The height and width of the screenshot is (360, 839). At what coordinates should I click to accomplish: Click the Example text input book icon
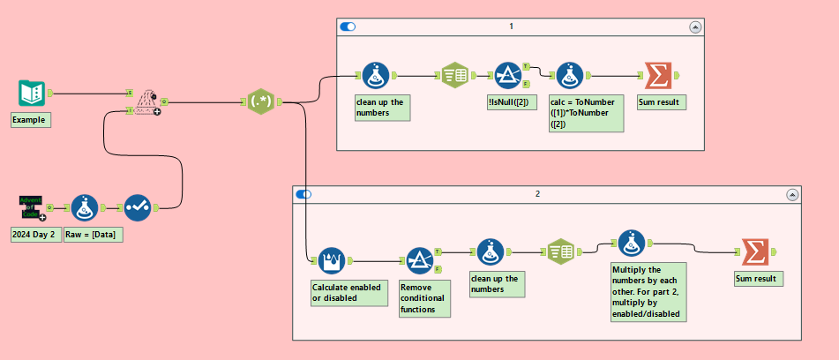(x=32, y=92)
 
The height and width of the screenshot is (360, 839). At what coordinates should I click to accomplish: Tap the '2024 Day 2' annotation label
(x=34, y=235)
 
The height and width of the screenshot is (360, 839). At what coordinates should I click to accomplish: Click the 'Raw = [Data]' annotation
(x=94, y=235)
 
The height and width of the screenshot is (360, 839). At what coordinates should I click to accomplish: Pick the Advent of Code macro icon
(x=31, y=207)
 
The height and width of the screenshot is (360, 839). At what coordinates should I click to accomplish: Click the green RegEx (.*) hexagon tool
(x=260, y=103)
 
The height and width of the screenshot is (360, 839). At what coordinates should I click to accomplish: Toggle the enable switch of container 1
(x=348, y=27)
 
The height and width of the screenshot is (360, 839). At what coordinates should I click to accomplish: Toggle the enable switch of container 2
(x=303, y=194)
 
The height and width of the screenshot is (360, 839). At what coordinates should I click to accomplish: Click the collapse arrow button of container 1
(x=695, y=27)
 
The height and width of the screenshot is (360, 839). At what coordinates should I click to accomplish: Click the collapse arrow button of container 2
(x=793, y=194)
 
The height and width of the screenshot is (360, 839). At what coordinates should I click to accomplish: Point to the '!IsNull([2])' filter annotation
(x=506, y=103)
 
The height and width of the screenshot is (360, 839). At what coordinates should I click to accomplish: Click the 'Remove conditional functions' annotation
(x=423, y=298)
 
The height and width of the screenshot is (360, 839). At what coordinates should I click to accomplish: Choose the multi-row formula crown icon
(x=330, y=259)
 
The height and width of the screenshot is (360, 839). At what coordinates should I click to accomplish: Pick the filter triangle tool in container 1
(x=506, y=75)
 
